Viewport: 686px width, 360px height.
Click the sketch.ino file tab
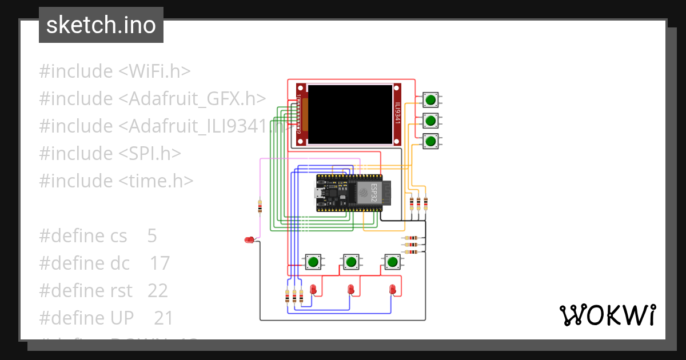point(101,25)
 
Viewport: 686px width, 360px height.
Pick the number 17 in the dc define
point(160,263)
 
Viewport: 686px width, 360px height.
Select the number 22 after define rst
point(158,291)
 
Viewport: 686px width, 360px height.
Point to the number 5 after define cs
point(151,236)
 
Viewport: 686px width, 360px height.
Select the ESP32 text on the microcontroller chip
point(374,193)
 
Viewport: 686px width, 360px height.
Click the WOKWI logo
point(607,315)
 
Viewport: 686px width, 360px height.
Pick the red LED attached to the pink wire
point(249,240)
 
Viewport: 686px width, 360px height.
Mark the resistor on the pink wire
point(260,206)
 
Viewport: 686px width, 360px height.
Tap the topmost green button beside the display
point(430,100)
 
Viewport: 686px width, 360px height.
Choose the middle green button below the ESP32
point(352,262)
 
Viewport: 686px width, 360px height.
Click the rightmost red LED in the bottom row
point(392,289)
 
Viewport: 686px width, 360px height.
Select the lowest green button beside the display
point(430,141)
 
